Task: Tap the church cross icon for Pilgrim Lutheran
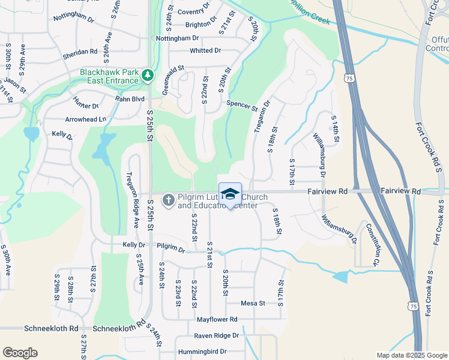click(x=169, y=200)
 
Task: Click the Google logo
click(x=20, y=353)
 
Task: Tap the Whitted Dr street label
click(x=205, y=51)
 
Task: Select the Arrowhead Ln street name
click(x=85, y=119)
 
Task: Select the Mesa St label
click(x=253, y=304)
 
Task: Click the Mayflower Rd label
click(x=217, y=319)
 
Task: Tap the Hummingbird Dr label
click(x=201, y=352)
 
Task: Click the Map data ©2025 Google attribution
click(x=412, y=355)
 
